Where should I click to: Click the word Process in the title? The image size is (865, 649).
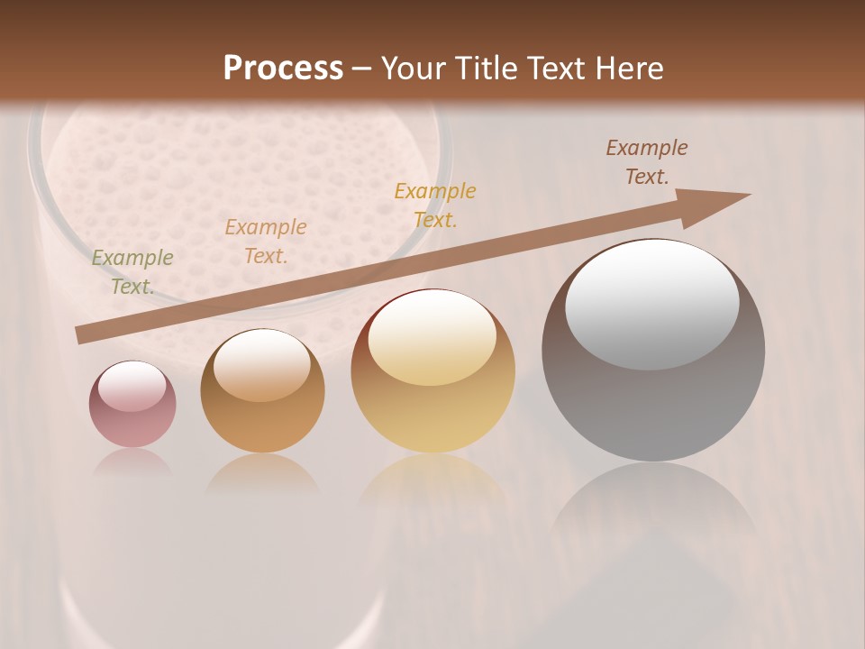click(x=283, y=69)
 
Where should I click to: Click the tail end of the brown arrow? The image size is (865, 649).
click(x=81, y=334)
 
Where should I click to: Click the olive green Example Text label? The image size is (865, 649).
click(x=132, y=272)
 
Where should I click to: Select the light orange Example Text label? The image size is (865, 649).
click(x=266, y=242)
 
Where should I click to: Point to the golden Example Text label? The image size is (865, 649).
click(x=435, y=205)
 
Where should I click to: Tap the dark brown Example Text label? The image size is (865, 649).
click(x=647, y=162)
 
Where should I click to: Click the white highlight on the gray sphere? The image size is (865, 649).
click(x=652, y=305)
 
